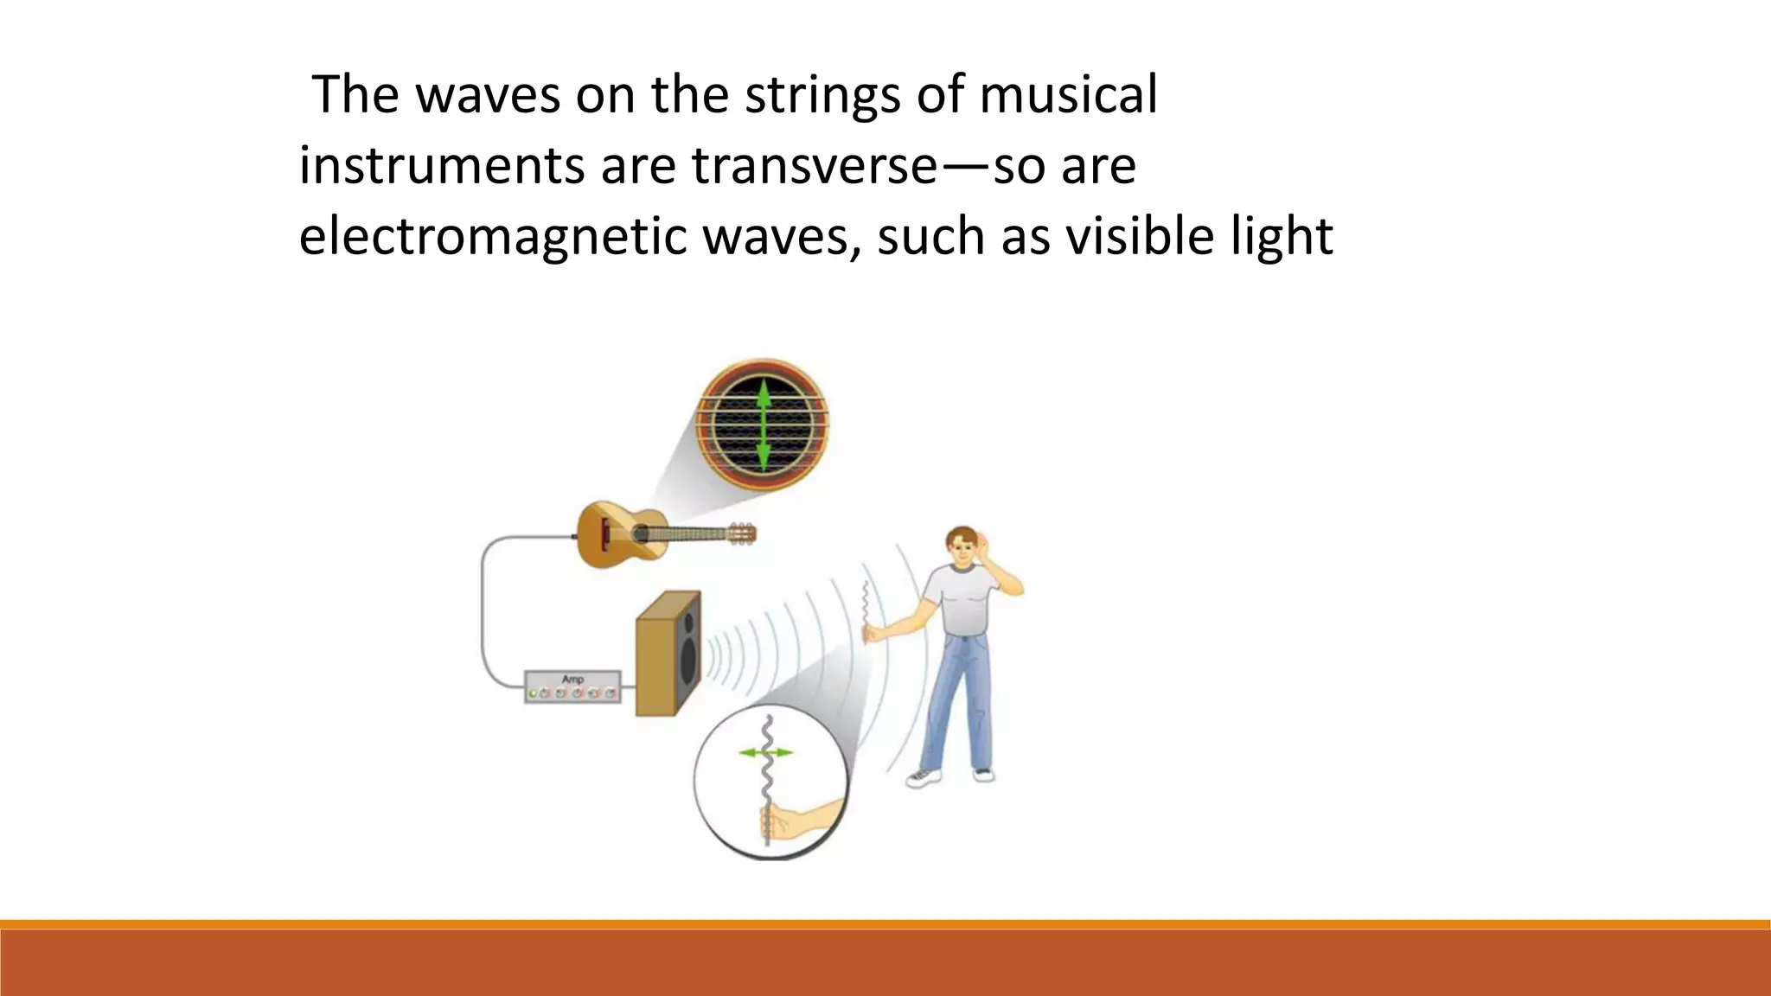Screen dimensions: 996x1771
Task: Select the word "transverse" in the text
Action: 814,166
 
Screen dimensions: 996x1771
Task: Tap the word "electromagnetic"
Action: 492,237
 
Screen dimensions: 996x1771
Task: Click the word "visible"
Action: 1138,237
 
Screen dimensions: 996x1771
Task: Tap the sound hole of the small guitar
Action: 641,533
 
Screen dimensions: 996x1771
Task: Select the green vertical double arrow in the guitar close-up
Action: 763,425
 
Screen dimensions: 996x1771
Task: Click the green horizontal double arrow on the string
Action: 766,752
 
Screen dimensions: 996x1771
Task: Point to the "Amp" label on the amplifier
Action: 572,680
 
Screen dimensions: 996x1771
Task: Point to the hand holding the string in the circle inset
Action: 783,821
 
